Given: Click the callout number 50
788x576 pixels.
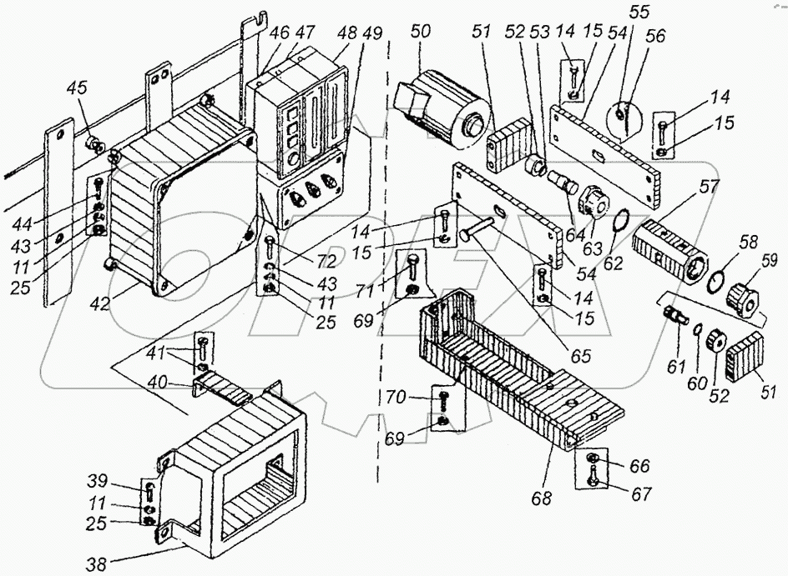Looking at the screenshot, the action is pyautogui.click(x=420, y=33).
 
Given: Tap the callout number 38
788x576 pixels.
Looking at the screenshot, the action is pyautogui.click(x=98, y=564).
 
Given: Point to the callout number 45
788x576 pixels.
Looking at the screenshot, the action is pyautogui.click(x=77, y=88).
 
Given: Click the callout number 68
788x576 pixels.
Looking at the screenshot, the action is pyautogui.click(x=541, y=498).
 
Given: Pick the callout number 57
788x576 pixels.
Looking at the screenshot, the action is pyautogui.click(x=708, y=188).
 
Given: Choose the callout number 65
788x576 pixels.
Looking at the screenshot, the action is pyautogui.click(x=580, y=355).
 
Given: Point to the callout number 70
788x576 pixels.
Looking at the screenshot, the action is pyautogui.click(x=396, y=398).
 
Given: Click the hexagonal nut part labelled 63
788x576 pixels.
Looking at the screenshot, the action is pyautogui.click(x=594, y=203).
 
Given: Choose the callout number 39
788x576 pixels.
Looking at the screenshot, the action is pyautogui.click(x=97, y=481).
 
